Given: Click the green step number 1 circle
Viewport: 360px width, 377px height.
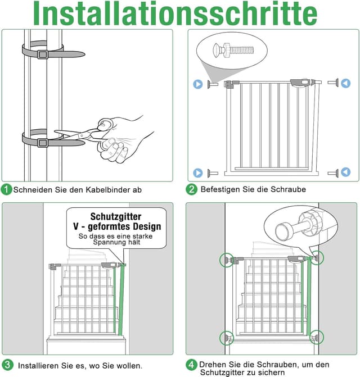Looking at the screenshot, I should pos(7,189).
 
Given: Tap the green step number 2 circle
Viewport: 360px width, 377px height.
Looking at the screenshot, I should pos(192,189).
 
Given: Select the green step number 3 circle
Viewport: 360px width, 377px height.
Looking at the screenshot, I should pos(7,365).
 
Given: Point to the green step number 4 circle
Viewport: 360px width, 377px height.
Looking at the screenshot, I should pos(192,365).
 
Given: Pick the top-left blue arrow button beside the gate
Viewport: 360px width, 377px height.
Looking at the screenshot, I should pos(198,84).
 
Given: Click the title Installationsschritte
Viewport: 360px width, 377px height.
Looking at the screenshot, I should pos(180,13).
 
